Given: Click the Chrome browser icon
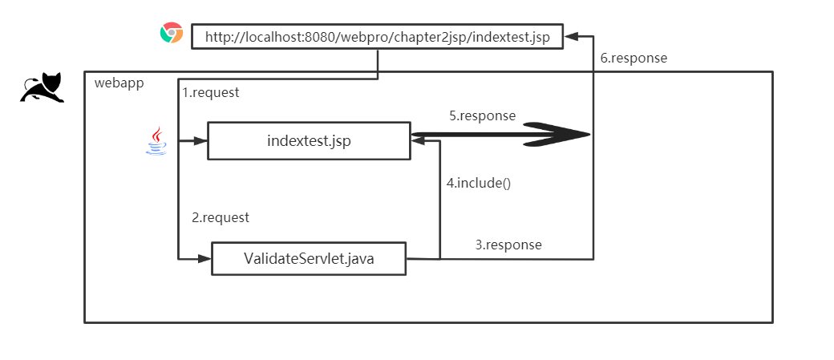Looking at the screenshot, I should coord(171,34).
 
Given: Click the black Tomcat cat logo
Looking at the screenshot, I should coord(42,88).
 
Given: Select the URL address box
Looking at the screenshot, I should coord(377,37).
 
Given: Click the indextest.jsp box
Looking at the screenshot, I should coord(309,141).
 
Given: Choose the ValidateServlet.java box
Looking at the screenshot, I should coord(308,258).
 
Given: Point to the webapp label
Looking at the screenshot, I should coord(119,83).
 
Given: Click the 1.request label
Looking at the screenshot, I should coord(211,92).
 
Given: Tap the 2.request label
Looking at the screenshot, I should coord(221,217).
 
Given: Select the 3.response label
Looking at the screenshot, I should coord(508,245).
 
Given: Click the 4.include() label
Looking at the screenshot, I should coord(479,182).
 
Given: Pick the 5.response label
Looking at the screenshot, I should coord(482,115).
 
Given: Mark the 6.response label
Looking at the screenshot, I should coord(634,58).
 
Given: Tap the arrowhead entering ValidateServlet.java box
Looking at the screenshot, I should coord(204,258).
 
